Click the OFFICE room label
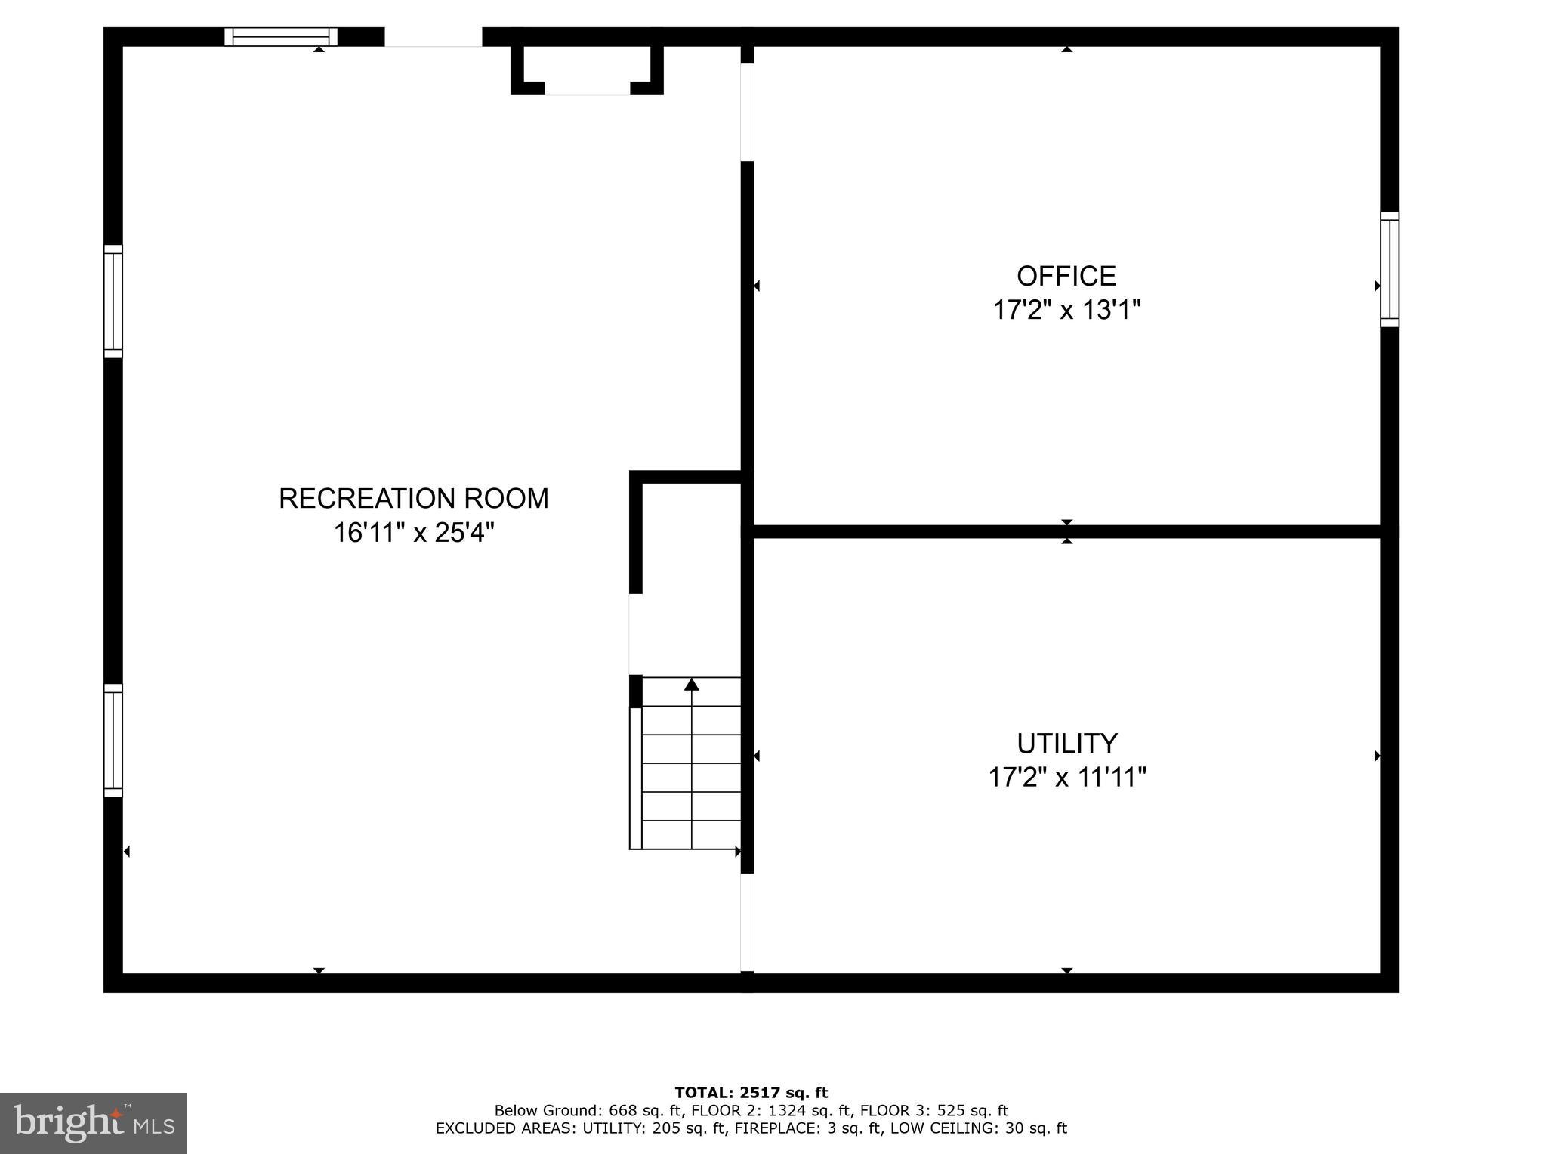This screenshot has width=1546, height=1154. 1066,276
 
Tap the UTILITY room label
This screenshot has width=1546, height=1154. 1066,744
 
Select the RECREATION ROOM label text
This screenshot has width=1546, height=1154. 413,499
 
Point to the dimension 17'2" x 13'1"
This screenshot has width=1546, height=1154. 1066,310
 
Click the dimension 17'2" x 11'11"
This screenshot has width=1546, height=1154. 1066,777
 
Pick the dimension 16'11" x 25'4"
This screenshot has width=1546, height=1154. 413,533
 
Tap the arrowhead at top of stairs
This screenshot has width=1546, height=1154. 691,685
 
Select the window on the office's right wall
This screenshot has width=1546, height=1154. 1389,269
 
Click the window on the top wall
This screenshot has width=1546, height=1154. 281,36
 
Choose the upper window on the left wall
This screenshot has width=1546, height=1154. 113,301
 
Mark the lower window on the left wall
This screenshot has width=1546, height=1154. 113,740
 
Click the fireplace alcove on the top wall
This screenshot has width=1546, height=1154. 587,70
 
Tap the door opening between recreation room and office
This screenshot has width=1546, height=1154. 747,112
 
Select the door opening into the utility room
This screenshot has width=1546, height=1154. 747,922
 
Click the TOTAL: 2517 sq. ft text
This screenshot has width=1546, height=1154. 751,1092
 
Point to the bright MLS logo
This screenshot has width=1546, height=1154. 94,1123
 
